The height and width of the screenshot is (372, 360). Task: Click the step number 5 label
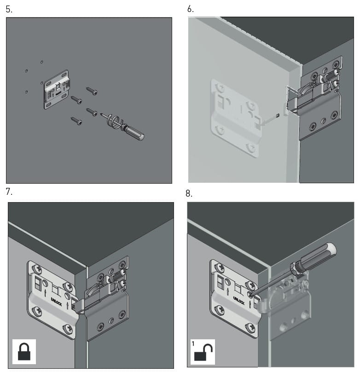[9, 10]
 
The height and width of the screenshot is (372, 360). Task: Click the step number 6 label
[191, 9]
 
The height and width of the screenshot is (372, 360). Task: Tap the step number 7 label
[9, 192]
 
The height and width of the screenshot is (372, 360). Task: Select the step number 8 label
[189, 193]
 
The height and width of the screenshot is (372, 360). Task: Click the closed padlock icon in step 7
[24, 351]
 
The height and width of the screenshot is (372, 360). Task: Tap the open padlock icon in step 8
[203, 352]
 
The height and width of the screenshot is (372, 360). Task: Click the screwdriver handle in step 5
[134, 134]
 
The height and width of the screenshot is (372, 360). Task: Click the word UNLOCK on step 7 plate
[56, 302]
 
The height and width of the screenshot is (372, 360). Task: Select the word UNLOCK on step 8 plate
[239, 301]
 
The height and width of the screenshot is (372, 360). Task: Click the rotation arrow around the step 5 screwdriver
[115, 122]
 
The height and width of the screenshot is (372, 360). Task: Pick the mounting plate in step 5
[57, 89]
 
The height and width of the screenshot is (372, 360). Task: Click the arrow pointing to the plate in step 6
[270, 120]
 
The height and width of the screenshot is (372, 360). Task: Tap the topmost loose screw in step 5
[92, 91]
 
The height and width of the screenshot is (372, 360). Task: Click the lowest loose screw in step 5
[76, 121]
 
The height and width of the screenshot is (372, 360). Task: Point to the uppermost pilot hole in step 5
[42, 62]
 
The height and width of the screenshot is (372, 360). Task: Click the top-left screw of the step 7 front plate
[37, 269]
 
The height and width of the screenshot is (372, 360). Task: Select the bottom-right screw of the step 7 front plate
[68, 329]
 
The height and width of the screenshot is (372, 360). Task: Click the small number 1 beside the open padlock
[193, 343]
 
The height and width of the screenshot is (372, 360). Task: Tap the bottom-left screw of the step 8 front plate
[220, 309]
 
